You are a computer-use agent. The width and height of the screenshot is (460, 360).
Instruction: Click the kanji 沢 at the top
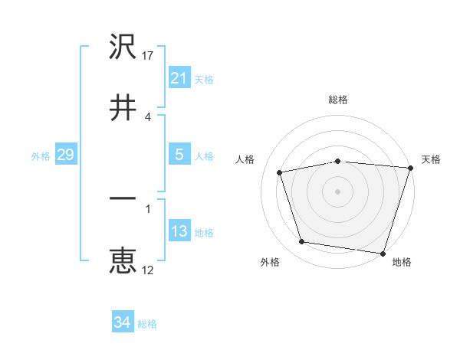[123, 47]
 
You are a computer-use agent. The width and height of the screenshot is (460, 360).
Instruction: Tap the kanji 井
[123, 107]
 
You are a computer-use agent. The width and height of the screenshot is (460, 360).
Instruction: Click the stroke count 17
[148, 55]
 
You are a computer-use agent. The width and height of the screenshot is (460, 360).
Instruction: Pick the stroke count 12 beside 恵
[148, 269]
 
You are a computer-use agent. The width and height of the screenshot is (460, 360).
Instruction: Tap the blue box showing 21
[179, 78]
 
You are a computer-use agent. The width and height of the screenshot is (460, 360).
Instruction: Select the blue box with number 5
[179, 155]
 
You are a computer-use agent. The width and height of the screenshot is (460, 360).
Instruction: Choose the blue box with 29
[65, 155]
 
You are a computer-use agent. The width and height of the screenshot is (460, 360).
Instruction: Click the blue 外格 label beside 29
[41, 155]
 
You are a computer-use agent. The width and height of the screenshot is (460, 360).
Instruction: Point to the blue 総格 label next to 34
[147, 324]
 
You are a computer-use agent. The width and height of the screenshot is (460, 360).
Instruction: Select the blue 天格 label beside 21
[204, 79]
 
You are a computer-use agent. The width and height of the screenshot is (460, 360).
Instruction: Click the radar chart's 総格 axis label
[338, 100]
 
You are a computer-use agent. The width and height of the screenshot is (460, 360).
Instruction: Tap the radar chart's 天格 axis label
[432, 159]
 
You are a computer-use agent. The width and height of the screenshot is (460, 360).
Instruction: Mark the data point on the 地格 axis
[383, 253]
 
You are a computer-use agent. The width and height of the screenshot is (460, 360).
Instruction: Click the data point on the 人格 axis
[280, 172]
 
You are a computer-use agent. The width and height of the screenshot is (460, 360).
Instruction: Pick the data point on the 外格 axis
[302, 242]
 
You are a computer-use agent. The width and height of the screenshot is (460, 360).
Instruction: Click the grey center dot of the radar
[338, 191]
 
